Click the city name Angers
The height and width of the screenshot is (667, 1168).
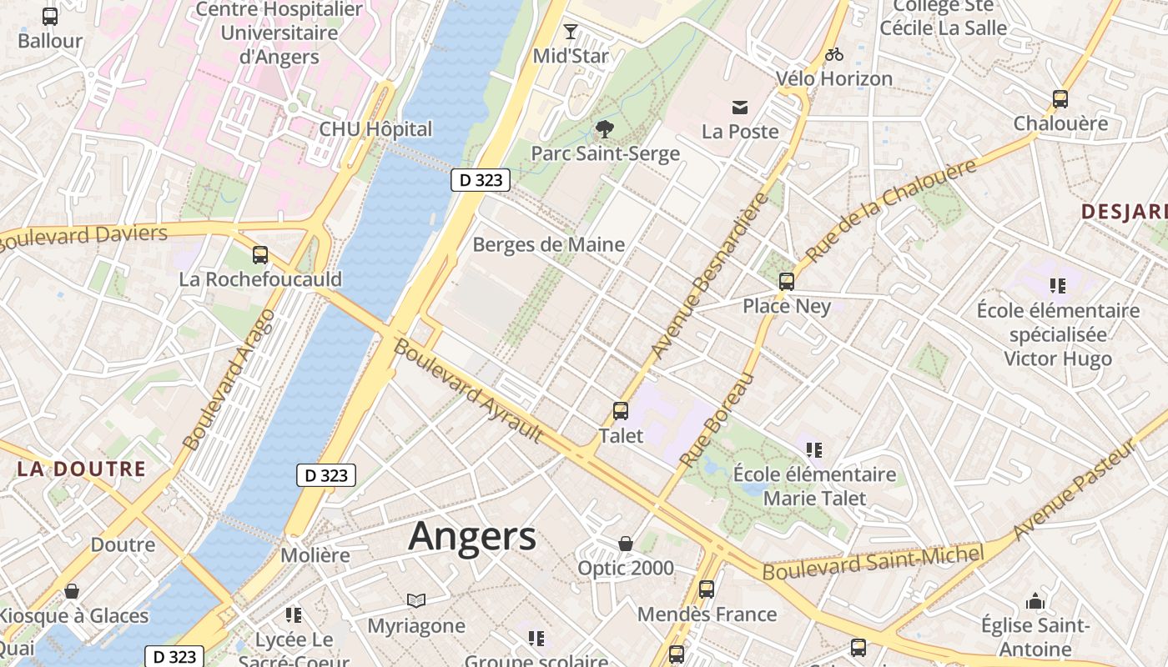(472, 536)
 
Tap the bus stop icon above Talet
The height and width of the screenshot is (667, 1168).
(621, 410)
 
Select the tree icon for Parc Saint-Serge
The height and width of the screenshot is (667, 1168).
(604, 129)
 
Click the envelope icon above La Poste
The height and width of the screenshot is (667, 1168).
(740, 107)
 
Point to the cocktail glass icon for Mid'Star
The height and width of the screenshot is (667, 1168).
(571, 32)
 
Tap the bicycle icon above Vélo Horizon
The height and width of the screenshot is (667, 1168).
(833, 54)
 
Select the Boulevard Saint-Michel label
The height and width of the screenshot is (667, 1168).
(873, 563)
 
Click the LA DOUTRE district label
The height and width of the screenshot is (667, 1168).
(82, 469)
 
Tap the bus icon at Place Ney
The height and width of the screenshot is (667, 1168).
(787, 281)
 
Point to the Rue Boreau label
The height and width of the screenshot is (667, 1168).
(717, 419)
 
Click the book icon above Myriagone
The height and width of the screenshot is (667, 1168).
(416, 600)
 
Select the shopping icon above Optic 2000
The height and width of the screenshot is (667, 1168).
(626, 544)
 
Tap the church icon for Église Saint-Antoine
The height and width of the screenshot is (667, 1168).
(1035, 601)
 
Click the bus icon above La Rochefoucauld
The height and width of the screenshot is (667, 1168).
(260, 255)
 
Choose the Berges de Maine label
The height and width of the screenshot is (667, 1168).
(548, 244)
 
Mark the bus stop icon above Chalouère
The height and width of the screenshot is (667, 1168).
(1060, 99)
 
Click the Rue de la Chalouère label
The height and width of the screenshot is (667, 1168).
(891, 211)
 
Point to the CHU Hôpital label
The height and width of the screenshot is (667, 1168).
(375, 129)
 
